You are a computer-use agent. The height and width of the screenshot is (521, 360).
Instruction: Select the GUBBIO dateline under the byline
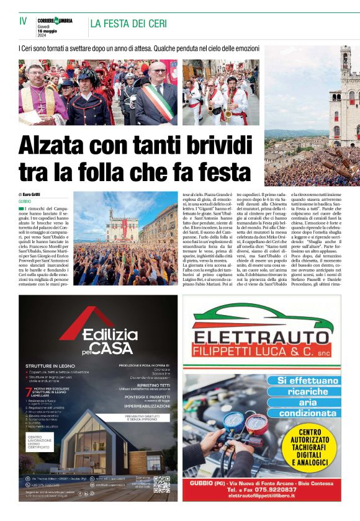(x=25, y=202)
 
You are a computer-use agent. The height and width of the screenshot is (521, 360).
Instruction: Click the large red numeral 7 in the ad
(x=27, y=393)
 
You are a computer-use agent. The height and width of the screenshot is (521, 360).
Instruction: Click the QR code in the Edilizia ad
(x=161, y=484)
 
